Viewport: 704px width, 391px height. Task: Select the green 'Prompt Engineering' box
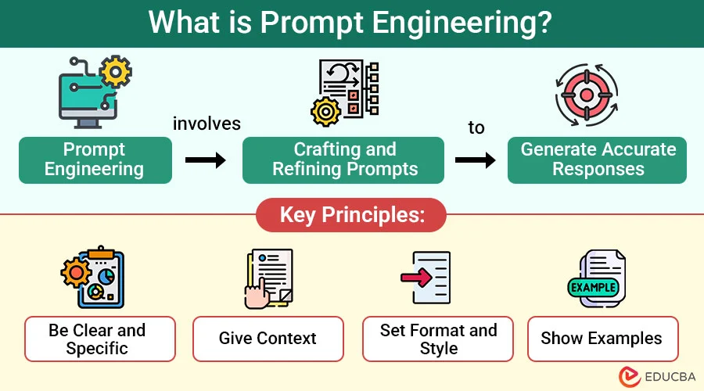click(x=95, y=160)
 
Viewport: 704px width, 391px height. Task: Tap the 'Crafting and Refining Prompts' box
click(x=344, y=160)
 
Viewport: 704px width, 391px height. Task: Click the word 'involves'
click(x=207, y=124)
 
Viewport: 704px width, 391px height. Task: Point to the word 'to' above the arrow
click(x=476, y=127)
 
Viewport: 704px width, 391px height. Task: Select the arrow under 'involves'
click(x=206, y=160)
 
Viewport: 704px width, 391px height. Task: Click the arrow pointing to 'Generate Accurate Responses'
click(x=476, y=160)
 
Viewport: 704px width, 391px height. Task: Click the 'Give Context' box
click(x=268, y=339)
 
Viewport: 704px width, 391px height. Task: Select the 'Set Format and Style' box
click(x=438, y=339)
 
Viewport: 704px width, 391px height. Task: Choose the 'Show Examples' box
click(x=602, y=339)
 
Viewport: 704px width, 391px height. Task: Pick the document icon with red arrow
click(x=427, y=280)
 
